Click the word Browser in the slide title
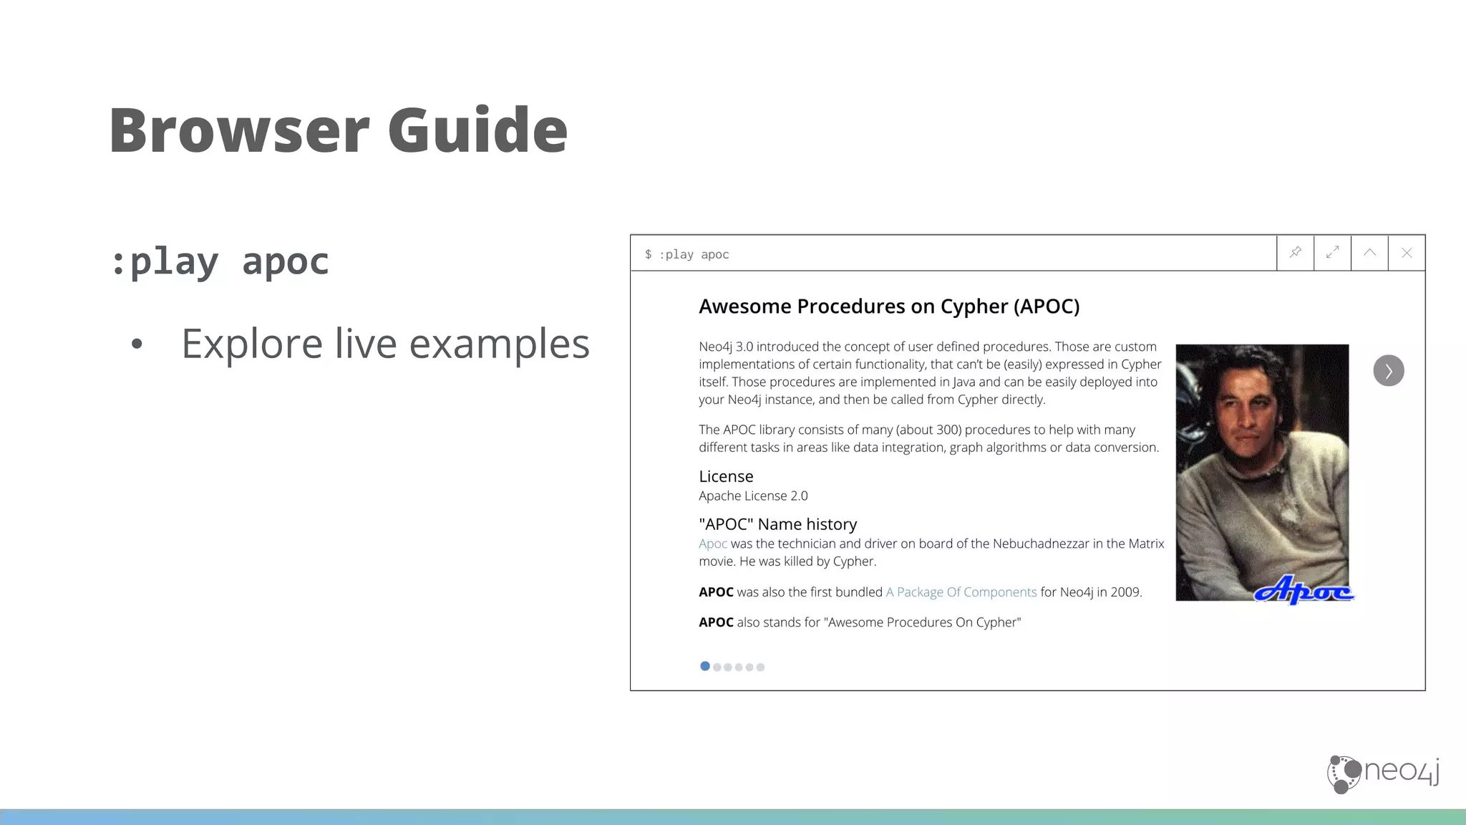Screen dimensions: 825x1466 [x=239, y=130]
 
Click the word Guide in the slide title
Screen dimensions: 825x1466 [x=477, y=130]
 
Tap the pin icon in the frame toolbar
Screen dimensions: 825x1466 [x=1296, y=253]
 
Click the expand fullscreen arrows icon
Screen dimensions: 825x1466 [x=1333, y=253]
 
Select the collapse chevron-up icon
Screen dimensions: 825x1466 [x=1370, y=253]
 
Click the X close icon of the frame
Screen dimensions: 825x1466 [x=1407, y=253]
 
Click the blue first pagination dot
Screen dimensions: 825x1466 [x=705, y=667]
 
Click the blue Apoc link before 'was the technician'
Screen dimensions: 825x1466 [x=713, y=544]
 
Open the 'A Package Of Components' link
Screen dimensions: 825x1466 [x=961, y=592]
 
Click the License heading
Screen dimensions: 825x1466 [x=726, y=477]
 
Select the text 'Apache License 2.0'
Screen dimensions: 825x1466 [x=753, y=496]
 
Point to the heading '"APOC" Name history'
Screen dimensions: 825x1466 [x=777, y=525]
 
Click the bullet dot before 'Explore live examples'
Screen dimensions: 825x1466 [x=137, y=344]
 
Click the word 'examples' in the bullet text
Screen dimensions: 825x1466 [x=499, y=344]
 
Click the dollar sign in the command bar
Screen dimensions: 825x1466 [x=648, y=255]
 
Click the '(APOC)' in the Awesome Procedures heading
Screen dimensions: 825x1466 [x=1047, y=307]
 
